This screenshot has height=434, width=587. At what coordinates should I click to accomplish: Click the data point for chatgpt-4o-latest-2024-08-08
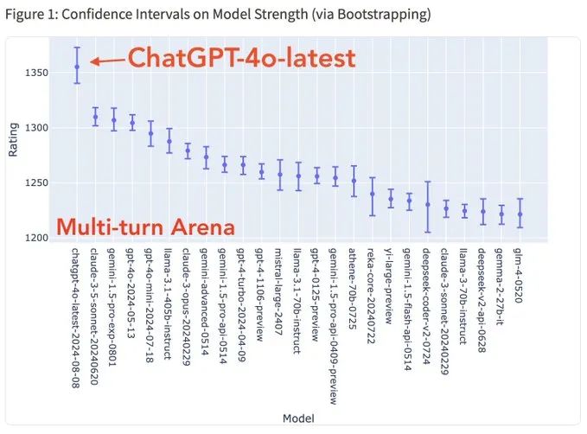click(x=77, y=67)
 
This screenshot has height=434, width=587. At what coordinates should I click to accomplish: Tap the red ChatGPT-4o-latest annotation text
click(x=241, y=58)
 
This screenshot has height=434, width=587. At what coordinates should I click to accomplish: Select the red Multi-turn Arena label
click(x=145, y=227)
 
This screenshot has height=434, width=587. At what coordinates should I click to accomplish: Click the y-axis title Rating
click(x=13, y=142)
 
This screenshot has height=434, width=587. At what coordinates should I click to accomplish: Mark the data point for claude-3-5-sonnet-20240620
click(x=95, y=118)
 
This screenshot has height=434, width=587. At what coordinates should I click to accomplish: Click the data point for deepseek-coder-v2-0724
click(x=427, y=205)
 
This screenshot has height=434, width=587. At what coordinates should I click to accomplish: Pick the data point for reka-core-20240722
click(x=372, y=194)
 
